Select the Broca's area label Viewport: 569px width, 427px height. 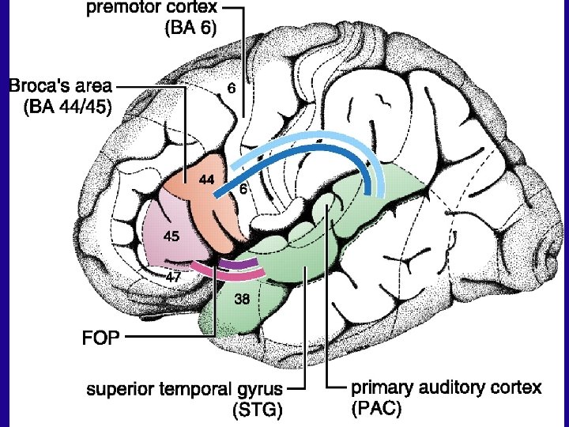coord(60,85)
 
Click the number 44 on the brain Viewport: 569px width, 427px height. coord(206,180)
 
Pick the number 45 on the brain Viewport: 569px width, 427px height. coord(171,236)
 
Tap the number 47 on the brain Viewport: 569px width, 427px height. coord(174,277)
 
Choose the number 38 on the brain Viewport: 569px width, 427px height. coord(243,300)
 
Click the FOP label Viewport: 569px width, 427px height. coord(100,338)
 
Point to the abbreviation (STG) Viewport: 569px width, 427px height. coord(256,410)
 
